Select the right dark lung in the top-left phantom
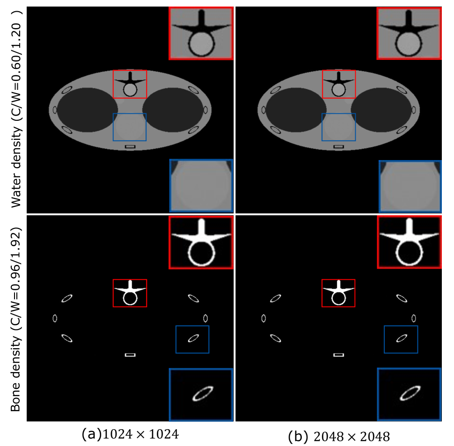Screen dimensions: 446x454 (173, 110)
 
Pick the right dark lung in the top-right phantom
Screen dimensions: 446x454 (381, 110)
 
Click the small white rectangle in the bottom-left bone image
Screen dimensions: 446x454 (130, 355)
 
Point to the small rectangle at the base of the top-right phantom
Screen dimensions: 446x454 (338, 146)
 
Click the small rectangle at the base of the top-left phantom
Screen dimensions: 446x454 (130, 146)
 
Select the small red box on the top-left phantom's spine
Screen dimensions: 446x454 (130, 84)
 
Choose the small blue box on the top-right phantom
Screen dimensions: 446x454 (338, 127)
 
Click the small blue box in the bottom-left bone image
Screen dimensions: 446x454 (192, 339)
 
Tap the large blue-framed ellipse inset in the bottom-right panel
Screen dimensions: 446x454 (409, 394)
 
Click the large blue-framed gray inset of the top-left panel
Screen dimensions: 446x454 (201, 185)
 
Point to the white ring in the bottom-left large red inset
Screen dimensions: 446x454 (201, 254)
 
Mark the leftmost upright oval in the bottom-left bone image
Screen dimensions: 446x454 (55, 318)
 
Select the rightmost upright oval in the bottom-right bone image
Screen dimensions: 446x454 (414, 318)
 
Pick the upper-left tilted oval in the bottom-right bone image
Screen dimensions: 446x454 (275, 298)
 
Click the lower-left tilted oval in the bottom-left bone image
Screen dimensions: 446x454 (67, 338)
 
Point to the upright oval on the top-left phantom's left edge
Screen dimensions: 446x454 (55, 110)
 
